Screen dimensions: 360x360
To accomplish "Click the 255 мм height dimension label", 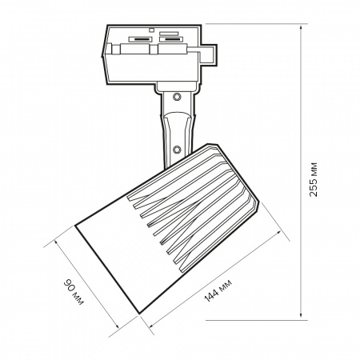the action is tap(314, 179).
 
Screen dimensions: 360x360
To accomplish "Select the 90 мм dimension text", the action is tap(74, 292).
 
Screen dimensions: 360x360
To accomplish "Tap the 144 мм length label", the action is tap(218, 290).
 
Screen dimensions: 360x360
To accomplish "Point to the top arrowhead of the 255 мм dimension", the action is tap(301, 28).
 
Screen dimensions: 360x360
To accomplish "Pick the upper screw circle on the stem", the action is tap(177, 97).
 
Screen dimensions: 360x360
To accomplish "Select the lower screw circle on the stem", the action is tap(177, 150).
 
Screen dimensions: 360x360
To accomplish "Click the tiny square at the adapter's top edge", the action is tap(151, 30).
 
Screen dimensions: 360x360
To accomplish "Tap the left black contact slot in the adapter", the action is tap(140, 39).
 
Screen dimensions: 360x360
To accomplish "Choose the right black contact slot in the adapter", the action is tap(171, 39).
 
